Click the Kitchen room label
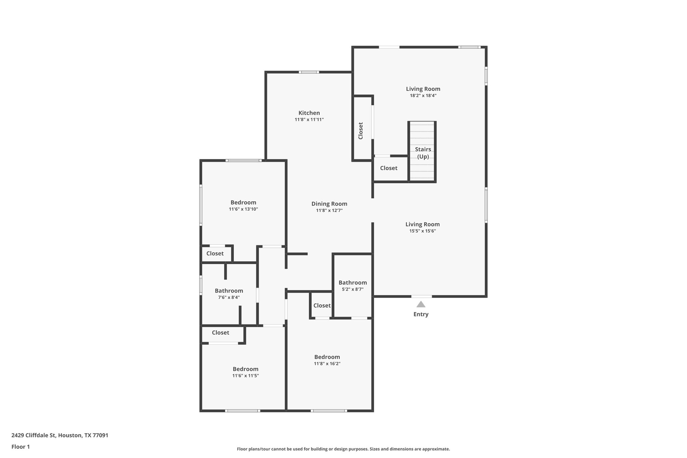[309, 113]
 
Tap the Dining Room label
[329, 204]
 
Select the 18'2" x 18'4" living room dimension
[423, 95]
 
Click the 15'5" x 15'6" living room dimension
[422, 231]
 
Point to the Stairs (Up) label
[423, 153]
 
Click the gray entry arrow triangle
[421, 304]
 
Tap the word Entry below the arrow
[421, 314]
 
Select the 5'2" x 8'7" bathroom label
[352, 289]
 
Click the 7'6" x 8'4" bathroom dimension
[229, 297]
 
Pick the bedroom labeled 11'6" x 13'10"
[243, 209]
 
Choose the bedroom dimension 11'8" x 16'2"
[327, 364]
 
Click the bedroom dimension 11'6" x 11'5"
[246, 376]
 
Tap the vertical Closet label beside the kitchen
[361, 131]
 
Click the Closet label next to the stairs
[388, 168]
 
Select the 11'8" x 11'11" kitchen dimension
[309, 119]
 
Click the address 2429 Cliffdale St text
[60, 436]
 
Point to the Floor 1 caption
[21, 447]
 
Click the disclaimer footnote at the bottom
[343, 449]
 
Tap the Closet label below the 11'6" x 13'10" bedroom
[215, 254]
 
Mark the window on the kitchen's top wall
[309, 72]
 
